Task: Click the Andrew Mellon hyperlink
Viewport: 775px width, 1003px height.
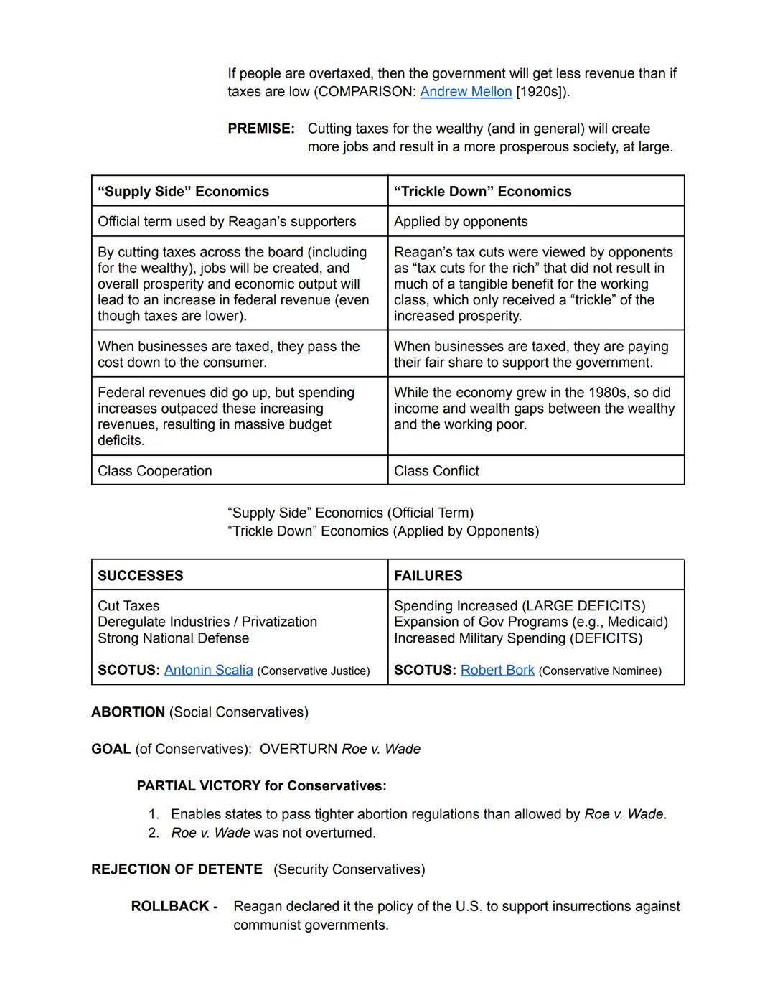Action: click(466, 92)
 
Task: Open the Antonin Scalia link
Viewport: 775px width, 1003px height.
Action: click(208, 670)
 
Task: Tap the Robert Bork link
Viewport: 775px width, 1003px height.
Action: click(497, 670)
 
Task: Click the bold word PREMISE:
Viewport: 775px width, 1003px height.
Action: click(261, 129)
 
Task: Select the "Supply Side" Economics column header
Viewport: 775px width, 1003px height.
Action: click(183, 191)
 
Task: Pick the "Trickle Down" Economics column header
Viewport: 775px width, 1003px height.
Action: click(482, 191)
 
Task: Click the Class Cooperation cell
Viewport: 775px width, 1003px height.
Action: click(155, 471)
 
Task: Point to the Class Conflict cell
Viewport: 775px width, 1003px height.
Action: click(436, 471)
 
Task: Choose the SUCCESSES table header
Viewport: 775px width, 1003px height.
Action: click(141, 576)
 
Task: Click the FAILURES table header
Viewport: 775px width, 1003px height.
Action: click(428, 576)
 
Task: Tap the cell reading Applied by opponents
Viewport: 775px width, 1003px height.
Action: click(461, 222)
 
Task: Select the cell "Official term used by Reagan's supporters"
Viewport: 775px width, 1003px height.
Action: click(227, 222)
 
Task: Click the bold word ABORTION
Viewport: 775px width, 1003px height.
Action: click(128, 712)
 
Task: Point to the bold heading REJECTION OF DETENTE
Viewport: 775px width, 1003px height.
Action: click(177, 869)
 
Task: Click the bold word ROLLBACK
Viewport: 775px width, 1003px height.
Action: click(170, 906)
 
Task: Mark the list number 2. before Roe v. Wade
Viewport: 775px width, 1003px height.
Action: click(154, 833)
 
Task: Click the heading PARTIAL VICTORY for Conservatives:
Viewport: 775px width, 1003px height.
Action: click(261, 786)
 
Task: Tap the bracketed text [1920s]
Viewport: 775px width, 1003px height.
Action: click(542, 92)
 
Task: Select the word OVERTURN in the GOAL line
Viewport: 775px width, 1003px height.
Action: click(298, 750)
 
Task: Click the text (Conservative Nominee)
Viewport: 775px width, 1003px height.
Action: click(600, 671)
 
